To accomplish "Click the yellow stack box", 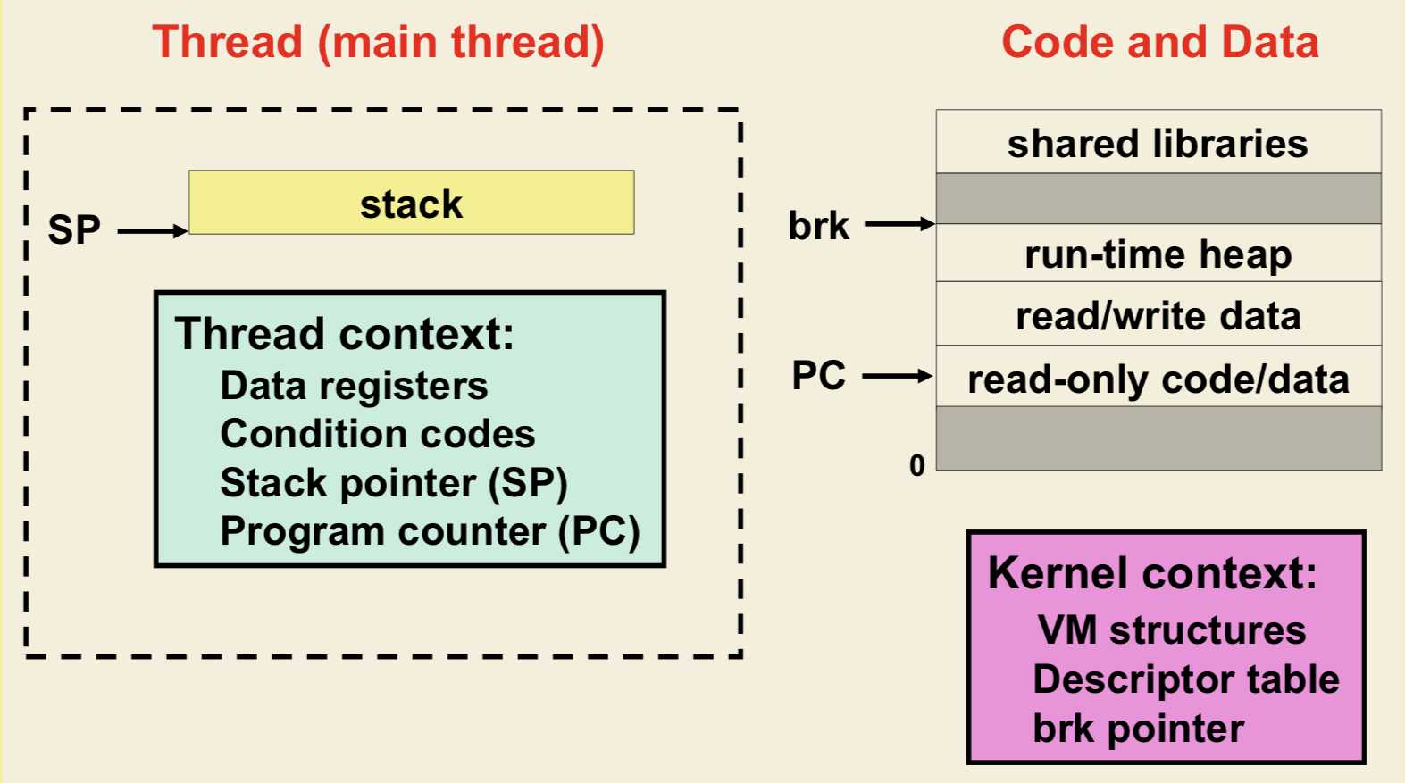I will (411, 203).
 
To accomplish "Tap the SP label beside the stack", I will (74, 230).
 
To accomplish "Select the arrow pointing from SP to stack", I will (152, 231).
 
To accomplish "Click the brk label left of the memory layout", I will (818, 226).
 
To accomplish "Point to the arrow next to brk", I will (899, 224).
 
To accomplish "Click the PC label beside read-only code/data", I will (818, 376).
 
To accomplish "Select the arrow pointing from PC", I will (897, 377).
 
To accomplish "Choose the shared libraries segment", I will (1158, 143).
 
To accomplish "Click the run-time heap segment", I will (1158, 254).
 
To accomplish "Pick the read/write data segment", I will (1158, 316).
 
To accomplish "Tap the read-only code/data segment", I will (1158, 379).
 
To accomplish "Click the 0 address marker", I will (917, 465).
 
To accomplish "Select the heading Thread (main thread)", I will (378, 42).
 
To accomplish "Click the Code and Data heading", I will (1159, 42).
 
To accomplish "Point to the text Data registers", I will (354, 386).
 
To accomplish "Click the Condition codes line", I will (377, 434).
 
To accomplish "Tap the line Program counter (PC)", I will (430, 531).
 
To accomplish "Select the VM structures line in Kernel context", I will (1171, 630).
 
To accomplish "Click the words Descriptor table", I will (1186, 679).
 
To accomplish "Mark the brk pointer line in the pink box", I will (1138, 729).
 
